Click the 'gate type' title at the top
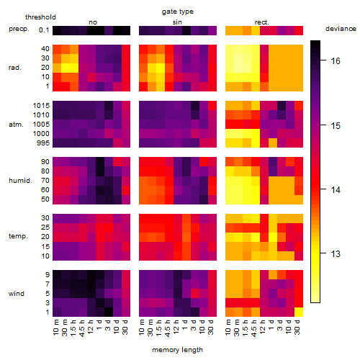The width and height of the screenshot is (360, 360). (178, 12)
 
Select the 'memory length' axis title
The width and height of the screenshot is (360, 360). (177, 350)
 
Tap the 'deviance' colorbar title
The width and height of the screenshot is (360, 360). (341, 29)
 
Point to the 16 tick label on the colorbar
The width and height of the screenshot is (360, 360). (336, 61)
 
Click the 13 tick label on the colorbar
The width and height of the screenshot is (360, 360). (336, 253)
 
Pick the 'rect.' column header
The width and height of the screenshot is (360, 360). (261, 22)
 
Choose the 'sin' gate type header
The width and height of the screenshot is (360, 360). (177, 22)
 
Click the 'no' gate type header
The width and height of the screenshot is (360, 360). (93, 22)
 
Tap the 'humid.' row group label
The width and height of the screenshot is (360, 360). (20, 181)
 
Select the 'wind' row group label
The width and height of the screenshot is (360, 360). (17, 294)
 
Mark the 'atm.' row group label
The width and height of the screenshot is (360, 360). (16, 125)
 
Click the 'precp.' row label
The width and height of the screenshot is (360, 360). (19, 30)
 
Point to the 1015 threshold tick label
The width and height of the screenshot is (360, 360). (41, 106)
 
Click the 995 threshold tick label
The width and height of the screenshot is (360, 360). (43, 143)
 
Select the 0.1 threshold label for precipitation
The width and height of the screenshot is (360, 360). (44, 30)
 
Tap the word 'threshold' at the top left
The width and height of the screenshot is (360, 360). (40, 17)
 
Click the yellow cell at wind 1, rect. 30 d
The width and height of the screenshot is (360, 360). (299, 312)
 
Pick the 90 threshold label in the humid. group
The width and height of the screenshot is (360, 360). (45, 162)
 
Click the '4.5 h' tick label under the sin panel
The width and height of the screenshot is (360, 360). (168, 328)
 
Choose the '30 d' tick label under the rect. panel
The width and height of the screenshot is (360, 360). (297, 327)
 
